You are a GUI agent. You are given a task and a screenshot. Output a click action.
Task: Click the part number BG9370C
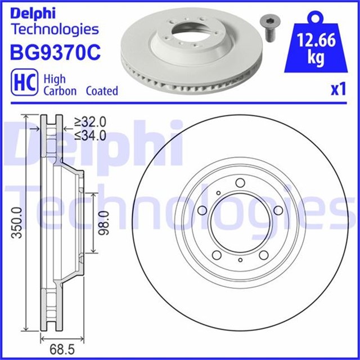55,52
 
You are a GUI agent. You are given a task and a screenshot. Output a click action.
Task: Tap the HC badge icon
25,82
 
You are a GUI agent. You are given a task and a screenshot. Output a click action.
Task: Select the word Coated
102,91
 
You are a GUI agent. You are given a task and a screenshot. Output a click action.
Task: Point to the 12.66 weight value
316,40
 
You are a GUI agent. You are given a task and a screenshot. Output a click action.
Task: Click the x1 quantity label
338,89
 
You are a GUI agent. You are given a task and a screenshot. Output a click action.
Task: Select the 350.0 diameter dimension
17,223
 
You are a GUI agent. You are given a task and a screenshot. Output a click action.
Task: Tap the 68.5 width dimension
62,349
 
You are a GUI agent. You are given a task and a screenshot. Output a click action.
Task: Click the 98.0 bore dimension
103,223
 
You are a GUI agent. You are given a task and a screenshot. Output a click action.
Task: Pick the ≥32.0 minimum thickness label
90,122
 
